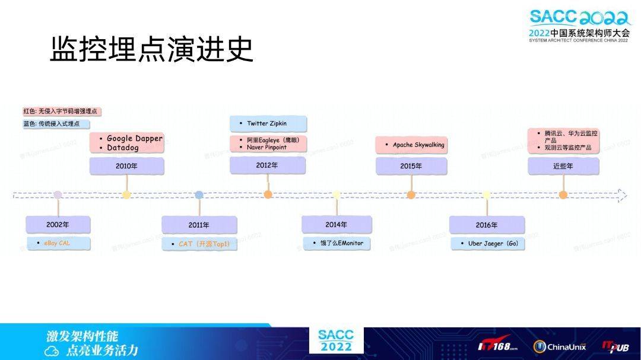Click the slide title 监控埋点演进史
coord(151,49)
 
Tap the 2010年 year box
coord(126,166)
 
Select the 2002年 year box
coord(58,225)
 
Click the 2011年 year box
coord(199,225)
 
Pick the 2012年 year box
coord(267,165)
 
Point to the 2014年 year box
coord(337,225)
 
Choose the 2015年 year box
coord(411,166)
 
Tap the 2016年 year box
coord(487,225)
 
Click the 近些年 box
coord(563,166)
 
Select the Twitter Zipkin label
coord(267,123)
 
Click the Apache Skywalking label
coord(418,145)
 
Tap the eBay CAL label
coord(57,243)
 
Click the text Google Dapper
coord(134,138)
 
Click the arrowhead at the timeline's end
coord(621,195)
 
